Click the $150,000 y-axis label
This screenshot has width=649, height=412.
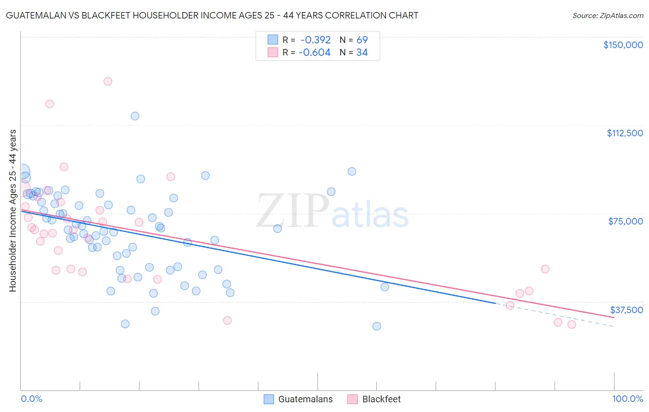click(623, 45)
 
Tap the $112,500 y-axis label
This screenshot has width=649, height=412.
click(625, 133)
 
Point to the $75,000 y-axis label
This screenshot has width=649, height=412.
click(625, 221)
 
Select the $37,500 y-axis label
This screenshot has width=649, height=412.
click(626, 310)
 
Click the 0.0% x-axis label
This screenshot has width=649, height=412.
click(31, 399)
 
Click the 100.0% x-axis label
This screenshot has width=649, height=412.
click(627, 399)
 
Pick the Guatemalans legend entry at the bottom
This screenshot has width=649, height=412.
click(298, 399)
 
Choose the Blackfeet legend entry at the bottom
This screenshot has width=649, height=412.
click(374, 399)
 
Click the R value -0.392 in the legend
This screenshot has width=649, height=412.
click(315, 40)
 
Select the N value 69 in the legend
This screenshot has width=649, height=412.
click(362, 40)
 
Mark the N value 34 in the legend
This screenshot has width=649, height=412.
click(362, 53)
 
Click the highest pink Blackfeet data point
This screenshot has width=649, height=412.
click(108, 81)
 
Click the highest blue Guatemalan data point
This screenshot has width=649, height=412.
click(135, 116)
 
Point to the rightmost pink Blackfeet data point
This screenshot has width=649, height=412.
click(571, 324)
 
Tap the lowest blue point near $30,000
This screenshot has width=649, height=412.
click(377, 326)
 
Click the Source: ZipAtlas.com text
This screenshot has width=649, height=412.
click(607, 16)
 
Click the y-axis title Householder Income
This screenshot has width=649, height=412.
click(12, 210)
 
